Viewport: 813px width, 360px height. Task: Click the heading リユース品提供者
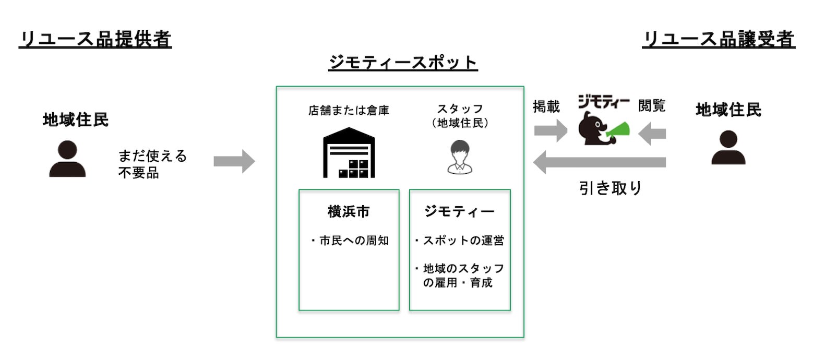[x=95, y=39]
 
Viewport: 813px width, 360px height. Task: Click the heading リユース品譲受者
[x=719, y=39]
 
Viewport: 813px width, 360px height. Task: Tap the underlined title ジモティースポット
[x=403, y=63]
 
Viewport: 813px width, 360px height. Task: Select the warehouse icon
[x=349, y=152]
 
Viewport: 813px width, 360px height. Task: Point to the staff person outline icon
[x=460, y=157]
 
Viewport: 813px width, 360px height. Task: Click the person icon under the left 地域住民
[x=67, y=159]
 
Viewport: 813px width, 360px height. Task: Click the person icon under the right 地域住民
[x=728, y=147]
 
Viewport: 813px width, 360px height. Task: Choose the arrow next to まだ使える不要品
[x=234, y=161]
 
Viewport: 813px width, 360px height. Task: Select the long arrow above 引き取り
[x=599, y=162]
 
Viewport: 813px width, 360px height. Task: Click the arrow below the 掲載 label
[x=551, y=130]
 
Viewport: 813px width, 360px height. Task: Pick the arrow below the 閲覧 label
[x=652, y=133]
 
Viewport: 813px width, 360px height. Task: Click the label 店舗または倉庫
[x=349, y=110]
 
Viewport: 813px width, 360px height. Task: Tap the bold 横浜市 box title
[x=349, y=211]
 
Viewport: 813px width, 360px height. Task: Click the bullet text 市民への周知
[x=350, y=240]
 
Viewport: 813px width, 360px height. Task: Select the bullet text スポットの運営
[x=460, y=240]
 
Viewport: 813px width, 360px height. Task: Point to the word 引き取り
[x=611, y=188]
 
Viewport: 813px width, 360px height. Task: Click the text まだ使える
[x=152, y=156]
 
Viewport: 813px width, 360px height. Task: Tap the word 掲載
[x=546, y=106]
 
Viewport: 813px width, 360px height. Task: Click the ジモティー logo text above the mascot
[x=603, y=101]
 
